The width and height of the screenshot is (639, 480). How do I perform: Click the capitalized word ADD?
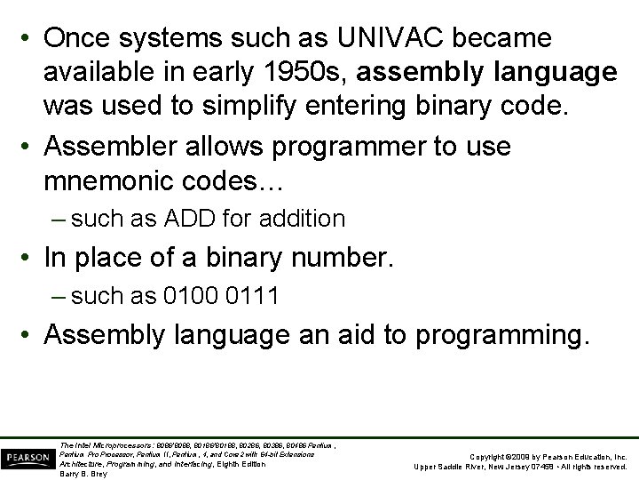pos(193,218)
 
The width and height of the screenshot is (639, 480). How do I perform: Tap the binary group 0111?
pos(252,297)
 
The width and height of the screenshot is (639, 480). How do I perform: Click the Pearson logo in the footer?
pos(26,458)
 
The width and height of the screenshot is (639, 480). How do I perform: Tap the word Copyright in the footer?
pos(489,455)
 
